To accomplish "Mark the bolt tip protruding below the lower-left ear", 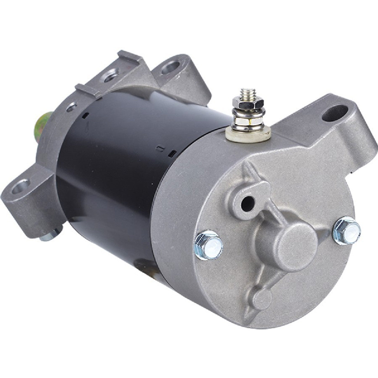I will coord(47,236).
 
